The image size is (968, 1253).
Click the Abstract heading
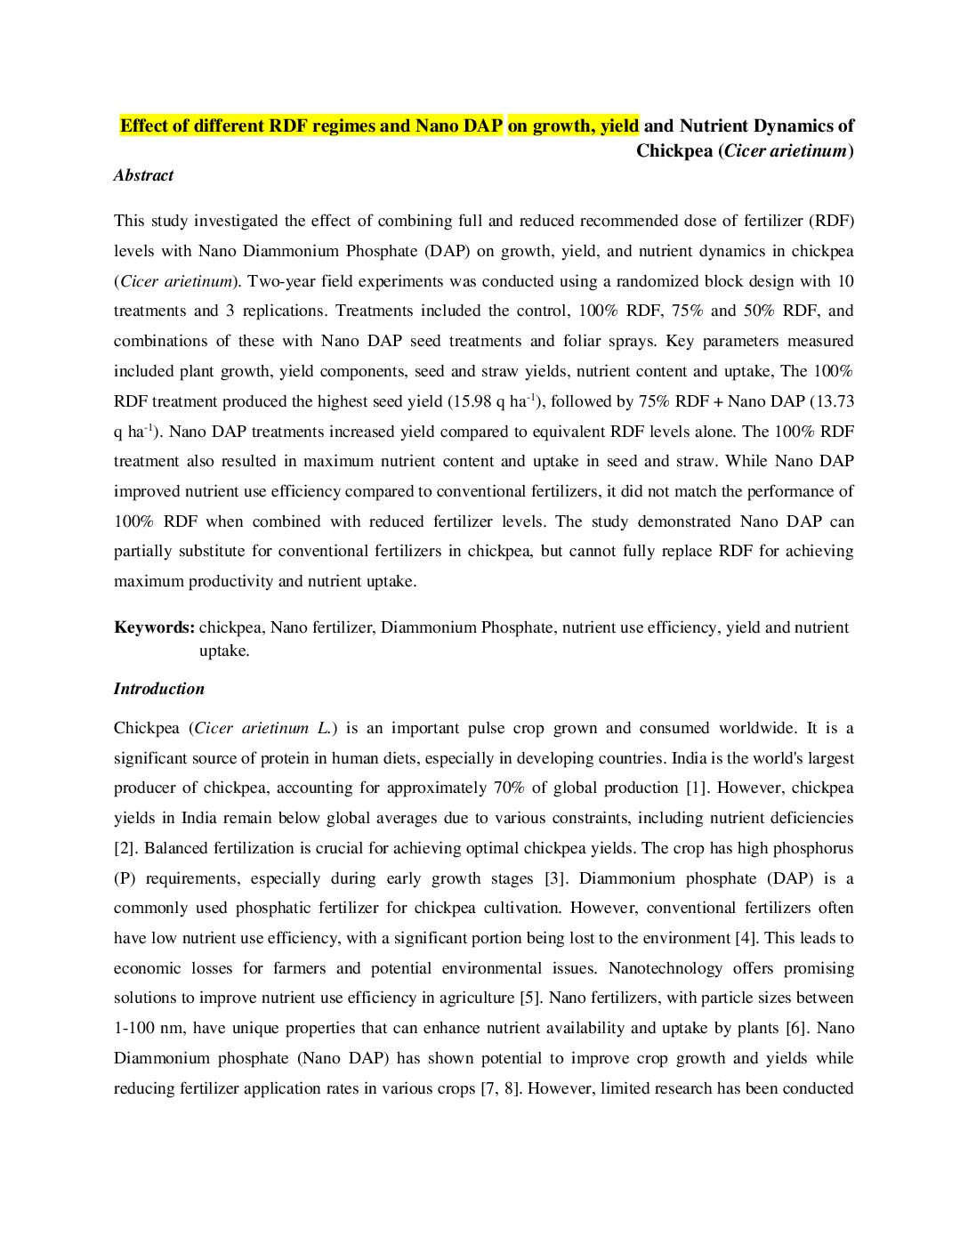[x=143, y=175]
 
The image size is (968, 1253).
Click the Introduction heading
[x=158, y=689]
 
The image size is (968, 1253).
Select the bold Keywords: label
[x=154, y=627]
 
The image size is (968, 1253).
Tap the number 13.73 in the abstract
[x=833, y=402]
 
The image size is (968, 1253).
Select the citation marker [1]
[x=695, y=788]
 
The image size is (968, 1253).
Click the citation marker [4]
[x=746, y=939]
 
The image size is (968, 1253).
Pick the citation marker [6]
[x=796, y=1029]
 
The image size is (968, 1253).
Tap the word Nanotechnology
[x=665, y=969]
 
